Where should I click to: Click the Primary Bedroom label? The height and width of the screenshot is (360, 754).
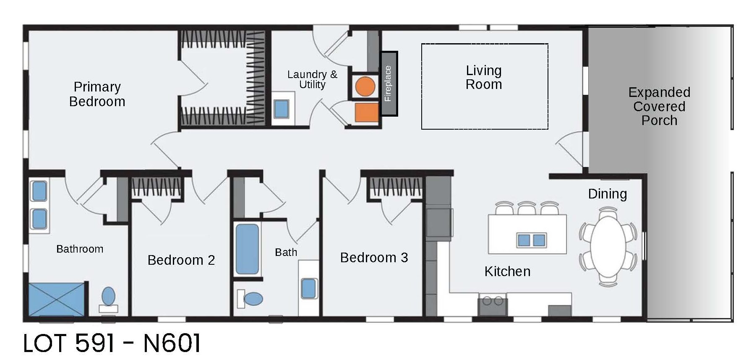coord(97,94)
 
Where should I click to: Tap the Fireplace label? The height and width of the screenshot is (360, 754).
coord(388,83)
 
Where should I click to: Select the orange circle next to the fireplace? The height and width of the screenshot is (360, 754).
coord(365,86)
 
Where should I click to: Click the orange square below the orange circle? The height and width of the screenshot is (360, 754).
coord(366,112)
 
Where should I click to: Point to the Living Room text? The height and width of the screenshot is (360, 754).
coord(483,77)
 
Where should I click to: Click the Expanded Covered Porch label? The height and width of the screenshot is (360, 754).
coord(659,106)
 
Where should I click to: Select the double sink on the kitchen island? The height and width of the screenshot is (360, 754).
coord(531,240)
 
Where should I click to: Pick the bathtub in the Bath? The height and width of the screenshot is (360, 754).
coord(247,249)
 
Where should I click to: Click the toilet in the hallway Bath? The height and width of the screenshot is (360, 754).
coord(252,299)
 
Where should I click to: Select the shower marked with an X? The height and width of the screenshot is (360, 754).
coord(56,299)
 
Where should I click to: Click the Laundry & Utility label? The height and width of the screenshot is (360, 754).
coord(312,79)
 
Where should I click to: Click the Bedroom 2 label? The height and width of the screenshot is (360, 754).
coord(181,260)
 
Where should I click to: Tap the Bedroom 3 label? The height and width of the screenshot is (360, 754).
coord(373,257)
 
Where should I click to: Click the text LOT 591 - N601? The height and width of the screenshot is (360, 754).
coord(112,343)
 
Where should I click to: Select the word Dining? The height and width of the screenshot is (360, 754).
coord(607,194)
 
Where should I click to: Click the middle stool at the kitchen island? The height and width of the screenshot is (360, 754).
coord(527,208)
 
